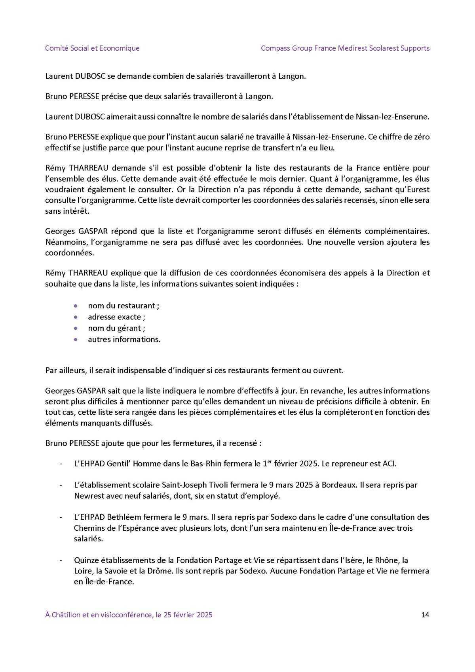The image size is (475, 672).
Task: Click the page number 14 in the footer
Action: tap(425, 615)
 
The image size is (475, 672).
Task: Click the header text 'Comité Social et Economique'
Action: tap(92, 48)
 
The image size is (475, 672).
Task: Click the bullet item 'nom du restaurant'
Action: tap(123, 306)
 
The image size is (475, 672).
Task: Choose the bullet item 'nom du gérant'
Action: tap(116, 328)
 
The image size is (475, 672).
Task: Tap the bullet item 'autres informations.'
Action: tap(124, 339)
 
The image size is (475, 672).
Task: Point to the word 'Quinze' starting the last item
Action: tap(85, 560)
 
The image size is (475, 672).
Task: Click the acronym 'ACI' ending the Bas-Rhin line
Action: tap(389, 463)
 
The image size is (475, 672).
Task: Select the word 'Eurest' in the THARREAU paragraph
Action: tap(418, 190)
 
